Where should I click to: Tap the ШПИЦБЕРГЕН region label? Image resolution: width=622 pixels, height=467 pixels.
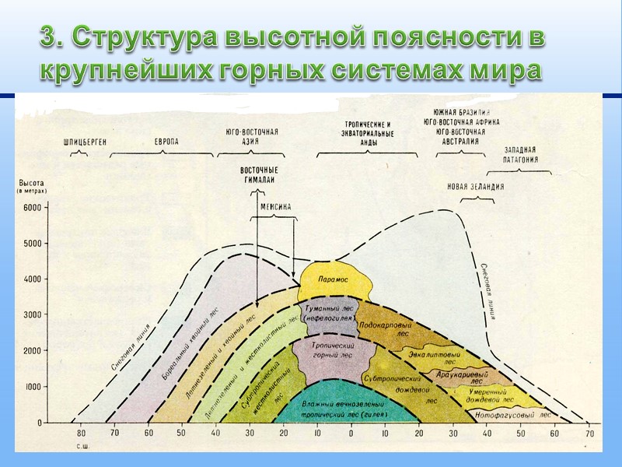point(85,142)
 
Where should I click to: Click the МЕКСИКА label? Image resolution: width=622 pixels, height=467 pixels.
point(275,207)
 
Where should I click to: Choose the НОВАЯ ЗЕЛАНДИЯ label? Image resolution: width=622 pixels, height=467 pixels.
point(475,187)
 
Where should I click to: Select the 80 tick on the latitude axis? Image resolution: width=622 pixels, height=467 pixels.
point(81,434)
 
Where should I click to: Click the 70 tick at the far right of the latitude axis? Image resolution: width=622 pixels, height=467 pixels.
point(589,434)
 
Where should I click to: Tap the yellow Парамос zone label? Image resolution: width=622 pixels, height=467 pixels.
point(334,279)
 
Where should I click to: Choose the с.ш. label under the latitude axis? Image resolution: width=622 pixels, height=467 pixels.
point(82,447)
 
